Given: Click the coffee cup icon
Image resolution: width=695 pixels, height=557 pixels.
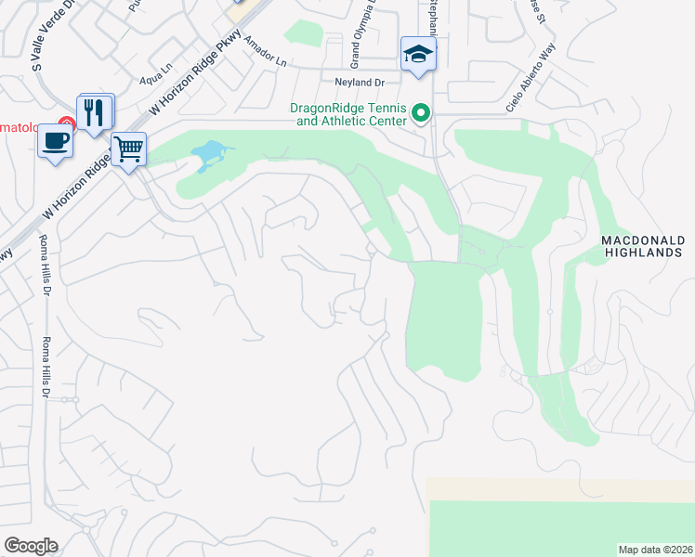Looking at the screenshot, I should pos(55,141).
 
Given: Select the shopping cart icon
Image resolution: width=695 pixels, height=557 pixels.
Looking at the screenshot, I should pos(128,148).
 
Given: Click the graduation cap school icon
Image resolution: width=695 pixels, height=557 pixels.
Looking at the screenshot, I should pos(418,54).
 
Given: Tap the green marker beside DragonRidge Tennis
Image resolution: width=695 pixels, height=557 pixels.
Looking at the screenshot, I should pos(421,114).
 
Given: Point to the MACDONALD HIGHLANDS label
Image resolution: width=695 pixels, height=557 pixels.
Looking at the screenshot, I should pos(643,246).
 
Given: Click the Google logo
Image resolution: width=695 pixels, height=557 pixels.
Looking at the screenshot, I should pos(31,546).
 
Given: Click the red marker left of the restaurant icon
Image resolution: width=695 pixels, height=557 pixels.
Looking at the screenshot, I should pos(67,123).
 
